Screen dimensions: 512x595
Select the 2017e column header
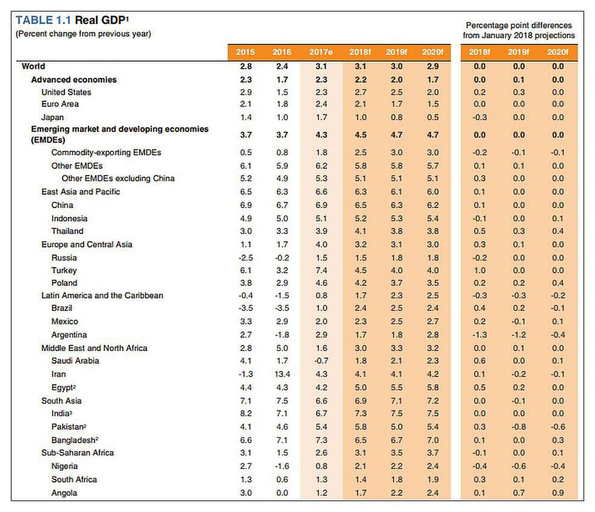321,52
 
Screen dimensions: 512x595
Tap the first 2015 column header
246,52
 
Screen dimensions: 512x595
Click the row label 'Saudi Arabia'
75,361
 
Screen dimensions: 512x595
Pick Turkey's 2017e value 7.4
321,270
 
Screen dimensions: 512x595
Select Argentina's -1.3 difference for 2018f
479,335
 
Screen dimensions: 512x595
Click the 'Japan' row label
52,117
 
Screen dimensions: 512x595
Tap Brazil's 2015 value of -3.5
246,308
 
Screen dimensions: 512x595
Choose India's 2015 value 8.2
246,413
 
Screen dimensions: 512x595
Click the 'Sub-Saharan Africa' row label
77,453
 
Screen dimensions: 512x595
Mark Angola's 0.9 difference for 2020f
557,493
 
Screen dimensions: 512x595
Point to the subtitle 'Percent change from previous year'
83,33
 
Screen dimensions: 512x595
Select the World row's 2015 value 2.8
246,66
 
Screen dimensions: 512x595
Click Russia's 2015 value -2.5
246,258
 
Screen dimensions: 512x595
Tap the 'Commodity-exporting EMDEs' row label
106,153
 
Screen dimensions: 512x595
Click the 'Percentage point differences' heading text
518,26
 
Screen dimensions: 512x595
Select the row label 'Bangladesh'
75,440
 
